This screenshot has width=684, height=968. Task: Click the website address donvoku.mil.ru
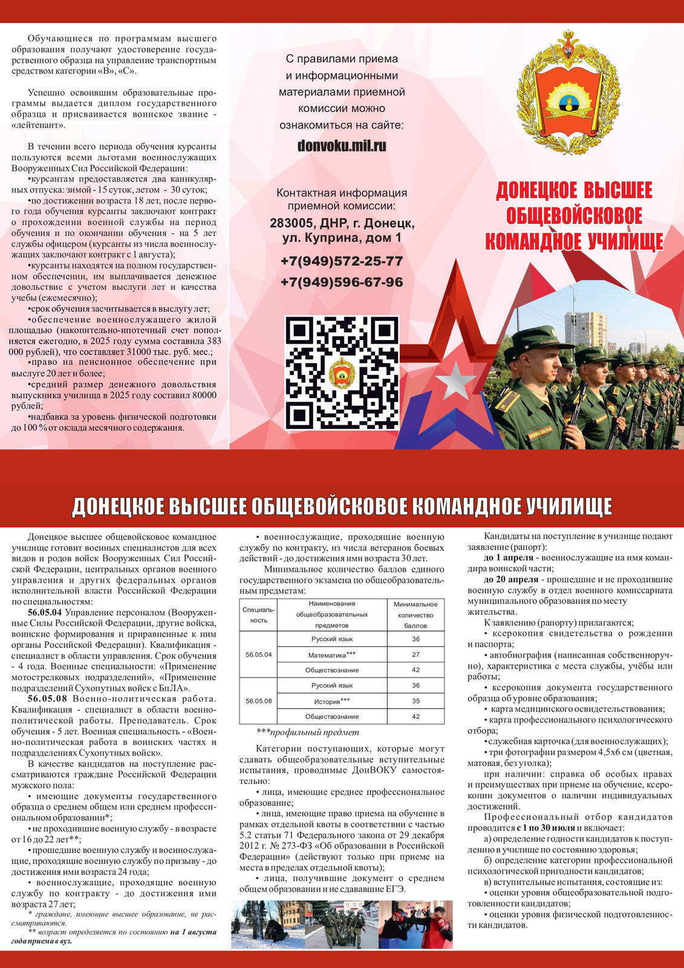point(342,146)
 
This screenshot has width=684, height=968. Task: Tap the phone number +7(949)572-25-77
point(342,261)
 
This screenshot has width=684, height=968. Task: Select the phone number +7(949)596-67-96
point(342,282)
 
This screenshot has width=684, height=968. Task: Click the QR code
point(342,373)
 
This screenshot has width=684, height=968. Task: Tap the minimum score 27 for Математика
point(415,655)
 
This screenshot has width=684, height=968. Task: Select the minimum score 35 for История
point(415,701)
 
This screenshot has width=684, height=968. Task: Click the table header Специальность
point(258,615)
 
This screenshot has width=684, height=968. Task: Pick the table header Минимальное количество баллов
point(415,615)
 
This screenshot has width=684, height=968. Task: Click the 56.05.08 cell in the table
point(258,701)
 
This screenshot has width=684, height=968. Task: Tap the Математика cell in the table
point(332,655)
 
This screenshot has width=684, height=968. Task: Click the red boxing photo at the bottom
point(415,924)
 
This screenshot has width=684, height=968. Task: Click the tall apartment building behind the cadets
point(585,329)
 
